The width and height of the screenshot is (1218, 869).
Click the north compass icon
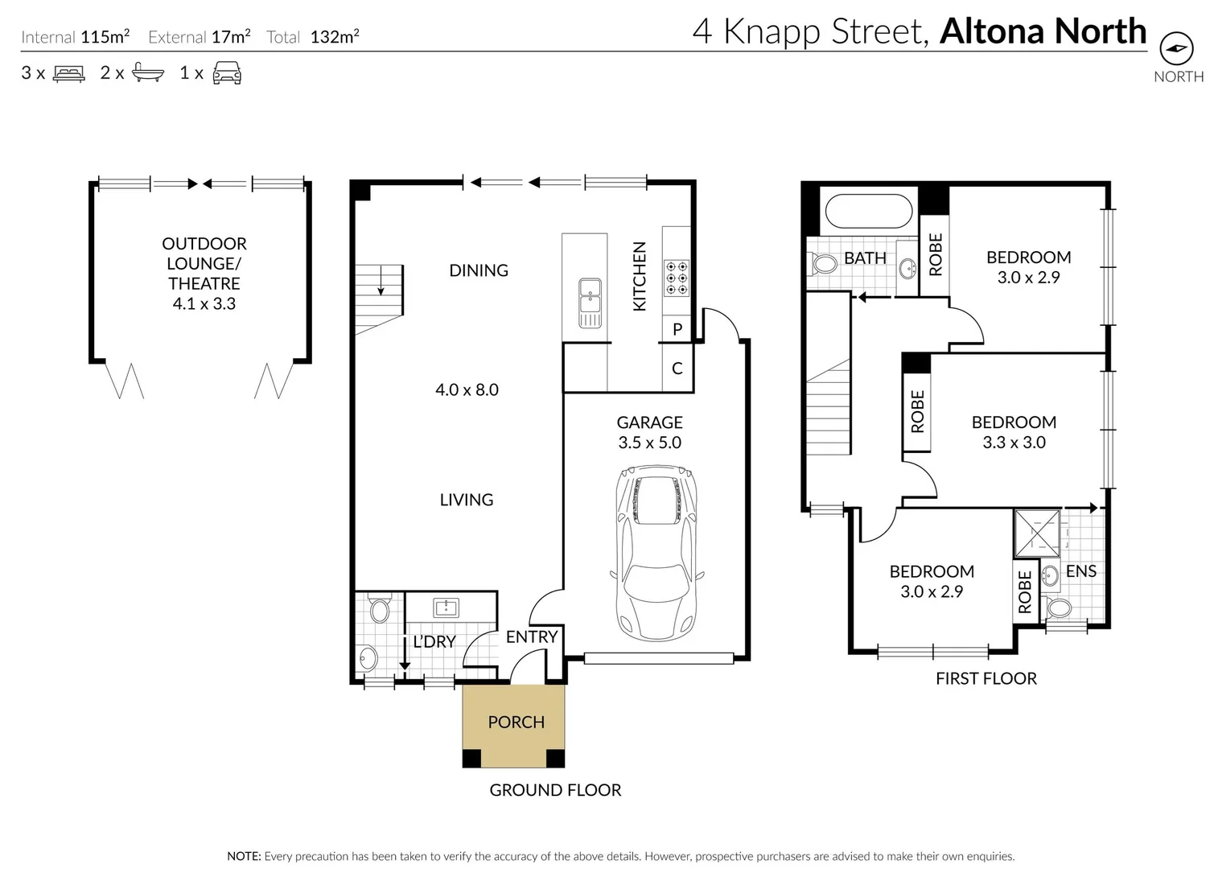tap(1177, 49)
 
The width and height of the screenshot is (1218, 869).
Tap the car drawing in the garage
tap(656, 552)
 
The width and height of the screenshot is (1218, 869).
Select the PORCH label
tap(516, 722)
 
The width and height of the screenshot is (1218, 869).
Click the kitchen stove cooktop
tap(676, 278)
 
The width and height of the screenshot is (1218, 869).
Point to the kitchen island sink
tap(590, 303)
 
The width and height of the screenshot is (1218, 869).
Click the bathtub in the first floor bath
tap(869, 212)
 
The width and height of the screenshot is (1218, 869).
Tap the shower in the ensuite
tap(1037, 533)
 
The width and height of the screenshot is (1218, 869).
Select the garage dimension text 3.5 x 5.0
tap(649, 443)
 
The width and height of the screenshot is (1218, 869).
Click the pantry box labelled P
tap(677, 328)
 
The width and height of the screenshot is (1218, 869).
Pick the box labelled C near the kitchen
tap(677, 369)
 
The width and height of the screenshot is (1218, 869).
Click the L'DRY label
tap(434, 641)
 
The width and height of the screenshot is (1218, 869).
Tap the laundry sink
tap(446, 607)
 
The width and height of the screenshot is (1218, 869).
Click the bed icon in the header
tap(68, 73)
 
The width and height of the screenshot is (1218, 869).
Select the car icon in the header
tap(226, 73)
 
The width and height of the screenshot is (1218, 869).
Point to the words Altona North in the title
tap(1043, 31)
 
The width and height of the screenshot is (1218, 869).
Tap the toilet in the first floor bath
tap(824, 263)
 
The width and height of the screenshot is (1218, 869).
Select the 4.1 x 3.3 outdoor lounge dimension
tap(204, 304)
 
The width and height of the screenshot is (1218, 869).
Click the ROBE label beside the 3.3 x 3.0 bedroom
tap(917, 412)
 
